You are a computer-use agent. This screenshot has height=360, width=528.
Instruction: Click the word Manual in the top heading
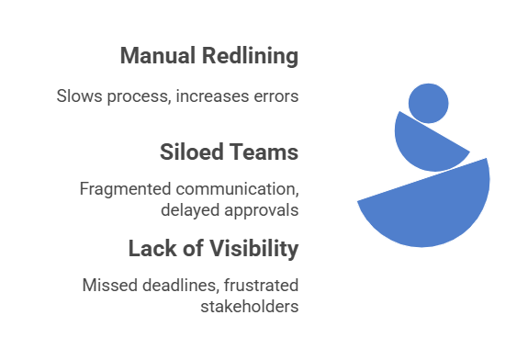(158, 55)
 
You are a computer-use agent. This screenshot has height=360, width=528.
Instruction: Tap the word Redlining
(250, 56)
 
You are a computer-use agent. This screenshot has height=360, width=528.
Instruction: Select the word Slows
(79, 96)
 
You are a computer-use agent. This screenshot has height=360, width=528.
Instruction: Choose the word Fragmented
(125, 189)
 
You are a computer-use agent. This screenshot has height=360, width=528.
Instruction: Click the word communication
(238, 189)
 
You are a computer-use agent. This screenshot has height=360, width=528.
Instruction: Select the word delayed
(190, 210)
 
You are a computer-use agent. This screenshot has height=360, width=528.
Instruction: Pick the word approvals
(262, 210)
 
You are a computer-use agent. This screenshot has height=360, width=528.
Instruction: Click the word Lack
(152, 249)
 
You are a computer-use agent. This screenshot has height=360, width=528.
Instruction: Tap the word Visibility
(254, 249)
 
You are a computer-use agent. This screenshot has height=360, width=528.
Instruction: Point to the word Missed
(110, 286)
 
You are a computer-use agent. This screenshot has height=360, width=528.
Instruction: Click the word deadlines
(180, 286)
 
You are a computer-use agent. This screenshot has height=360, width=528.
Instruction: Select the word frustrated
(261, 286)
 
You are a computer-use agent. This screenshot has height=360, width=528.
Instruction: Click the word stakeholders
(250, 307)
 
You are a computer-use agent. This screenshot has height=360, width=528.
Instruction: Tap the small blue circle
(428, 104)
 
